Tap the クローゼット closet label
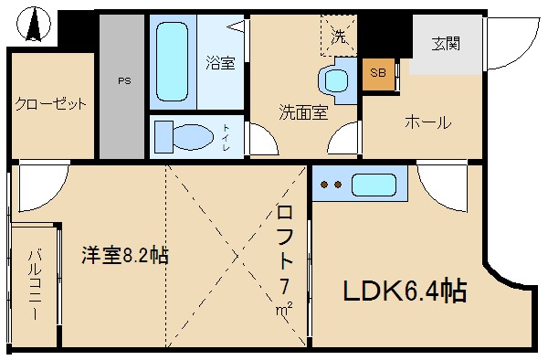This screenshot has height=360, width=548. coord(50,104)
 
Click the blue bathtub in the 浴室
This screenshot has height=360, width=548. coord(174,61)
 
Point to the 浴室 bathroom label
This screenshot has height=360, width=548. coord(220,64)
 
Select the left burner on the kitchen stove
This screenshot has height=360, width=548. coord(322,185)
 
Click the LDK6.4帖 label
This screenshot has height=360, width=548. coord(405,291)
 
